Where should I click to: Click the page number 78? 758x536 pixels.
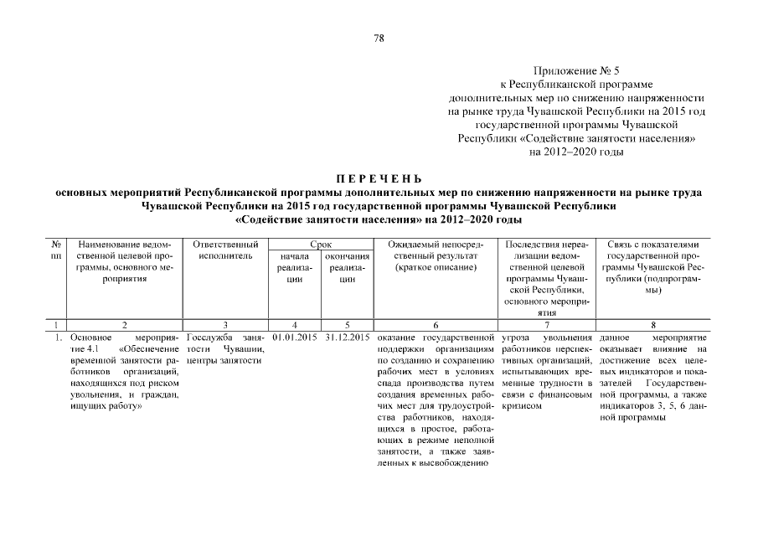[379, 38]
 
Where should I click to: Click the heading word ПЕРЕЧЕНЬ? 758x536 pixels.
[379, 178]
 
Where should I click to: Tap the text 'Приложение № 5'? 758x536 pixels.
[577, 72]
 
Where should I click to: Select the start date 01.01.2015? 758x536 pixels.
[292, 338]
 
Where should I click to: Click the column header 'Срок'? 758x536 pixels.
[319, 243]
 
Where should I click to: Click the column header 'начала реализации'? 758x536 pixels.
[292, 268]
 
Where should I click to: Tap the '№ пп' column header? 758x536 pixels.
[55, 249]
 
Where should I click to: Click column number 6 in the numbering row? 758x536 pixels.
[435, 323]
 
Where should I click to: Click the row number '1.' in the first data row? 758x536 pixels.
[55, 338]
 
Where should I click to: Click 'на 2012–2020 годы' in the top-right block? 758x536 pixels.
[577, 152]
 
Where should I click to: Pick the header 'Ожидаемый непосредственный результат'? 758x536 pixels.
[435, 255]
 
